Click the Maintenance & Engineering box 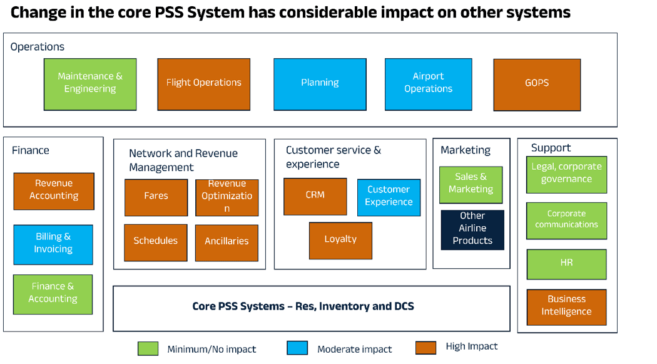(90, 84)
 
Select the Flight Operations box (203, 84)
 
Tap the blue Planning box (320, 84)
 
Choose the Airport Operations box (428, 84)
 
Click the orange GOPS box (537, 84)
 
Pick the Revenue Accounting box (54, 191)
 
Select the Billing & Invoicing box (53, 244)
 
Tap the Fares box (156, 197)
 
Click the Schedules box (155, 242)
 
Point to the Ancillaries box (227, 242)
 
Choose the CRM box (315, 196)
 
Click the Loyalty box (340, 241)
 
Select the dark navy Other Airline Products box (472, 229)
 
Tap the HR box (566, 264)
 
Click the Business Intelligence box (566, 307)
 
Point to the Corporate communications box (566, 221)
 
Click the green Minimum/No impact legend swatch (148, 348)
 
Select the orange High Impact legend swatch (425, 348)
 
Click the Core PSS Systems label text (303, 306)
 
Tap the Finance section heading (31, 150)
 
